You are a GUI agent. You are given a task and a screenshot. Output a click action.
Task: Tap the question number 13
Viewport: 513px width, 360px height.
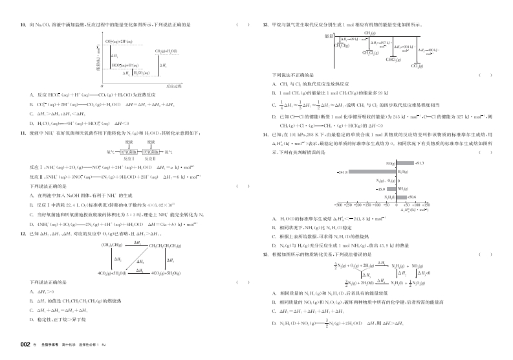point(266,25)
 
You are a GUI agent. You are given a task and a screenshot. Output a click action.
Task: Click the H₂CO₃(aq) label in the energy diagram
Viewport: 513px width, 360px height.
point(141,73)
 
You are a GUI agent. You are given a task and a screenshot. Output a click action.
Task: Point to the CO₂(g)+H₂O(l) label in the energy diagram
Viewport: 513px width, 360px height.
point(166,51)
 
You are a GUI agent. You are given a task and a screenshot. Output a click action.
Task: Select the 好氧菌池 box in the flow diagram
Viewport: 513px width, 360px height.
point(129,151)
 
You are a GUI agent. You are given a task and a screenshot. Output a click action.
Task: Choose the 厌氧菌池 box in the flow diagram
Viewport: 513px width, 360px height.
point(149,151)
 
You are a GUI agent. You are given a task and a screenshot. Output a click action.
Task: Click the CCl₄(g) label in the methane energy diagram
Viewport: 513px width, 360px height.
point(417,67)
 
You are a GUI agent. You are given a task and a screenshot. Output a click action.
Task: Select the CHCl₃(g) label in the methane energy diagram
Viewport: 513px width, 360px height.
point(393,60)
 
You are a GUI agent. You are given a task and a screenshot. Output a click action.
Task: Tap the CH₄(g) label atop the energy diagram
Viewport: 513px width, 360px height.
point(371,32)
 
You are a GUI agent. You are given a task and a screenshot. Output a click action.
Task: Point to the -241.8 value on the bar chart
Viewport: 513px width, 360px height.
point(343,172)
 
